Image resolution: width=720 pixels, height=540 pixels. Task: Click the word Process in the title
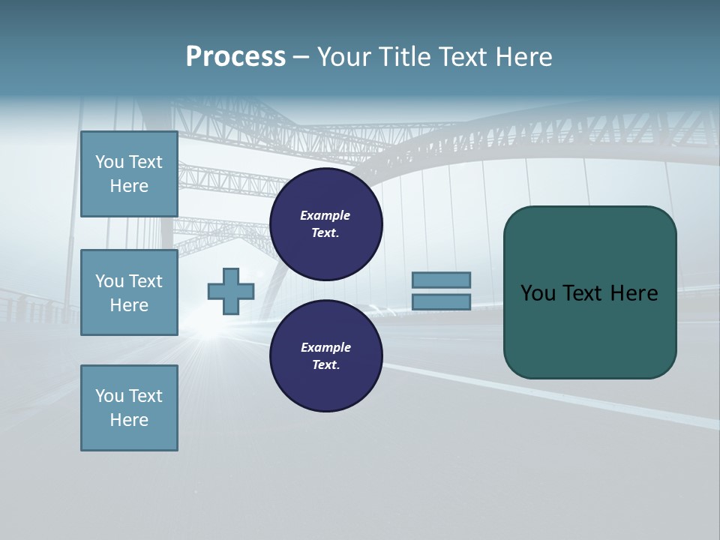tap(235, 57)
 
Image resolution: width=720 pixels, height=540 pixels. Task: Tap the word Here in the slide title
tap(522, 57)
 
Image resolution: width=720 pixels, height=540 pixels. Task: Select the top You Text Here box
tap(129, 174)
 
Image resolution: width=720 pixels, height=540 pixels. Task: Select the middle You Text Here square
tap(129, 292)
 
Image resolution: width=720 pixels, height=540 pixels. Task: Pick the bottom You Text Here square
tap(129, 408)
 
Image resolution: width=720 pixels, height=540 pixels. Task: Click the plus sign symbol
tap(231, 291)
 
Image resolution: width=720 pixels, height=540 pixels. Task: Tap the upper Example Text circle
tap(325, 224)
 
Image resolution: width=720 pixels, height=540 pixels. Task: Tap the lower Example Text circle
tap(325, 356)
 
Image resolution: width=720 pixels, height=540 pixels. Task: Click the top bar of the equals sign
tap(441, 280)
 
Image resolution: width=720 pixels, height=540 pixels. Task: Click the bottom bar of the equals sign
tap(441, 302)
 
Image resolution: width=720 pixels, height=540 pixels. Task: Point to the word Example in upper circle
tap(325, 215)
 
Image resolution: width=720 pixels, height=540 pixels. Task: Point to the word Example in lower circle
tap(325, 347)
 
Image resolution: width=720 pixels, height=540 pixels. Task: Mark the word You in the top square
tap(109, 162)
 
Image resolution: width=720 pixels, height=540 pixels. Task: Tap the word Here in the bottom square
tap(129, 420)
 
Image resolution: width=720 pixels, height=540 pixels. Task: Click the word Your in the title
tap(345, 57)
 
